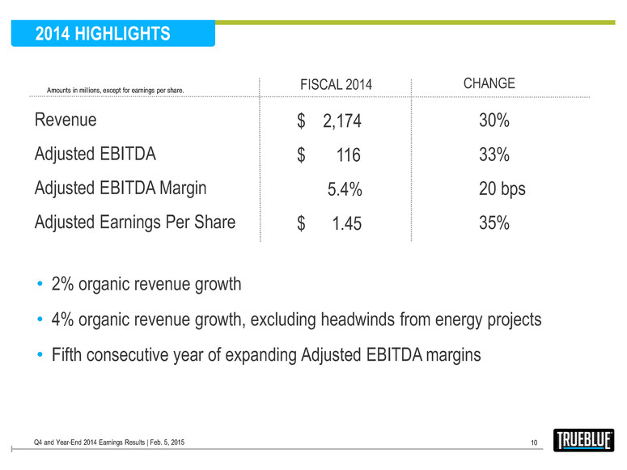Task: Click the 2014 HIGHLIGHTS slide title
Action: [x=103, y=33]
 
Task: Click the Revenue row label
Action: [x=66, y=121]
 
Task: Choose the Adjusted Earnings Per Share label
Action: [x=135, y=222]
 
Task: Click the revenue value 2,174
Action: [x=341, y=122]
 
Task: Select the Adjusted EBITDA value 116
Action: [x=349, y=155]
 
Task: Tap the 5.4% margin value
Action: [x=344, y=190]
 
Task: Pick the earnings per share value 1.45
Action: [x=346, y=224]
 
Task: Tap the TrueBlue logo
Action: [x=584, y=440]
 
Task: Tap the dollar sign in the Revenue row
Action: [x=301, y=122]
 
